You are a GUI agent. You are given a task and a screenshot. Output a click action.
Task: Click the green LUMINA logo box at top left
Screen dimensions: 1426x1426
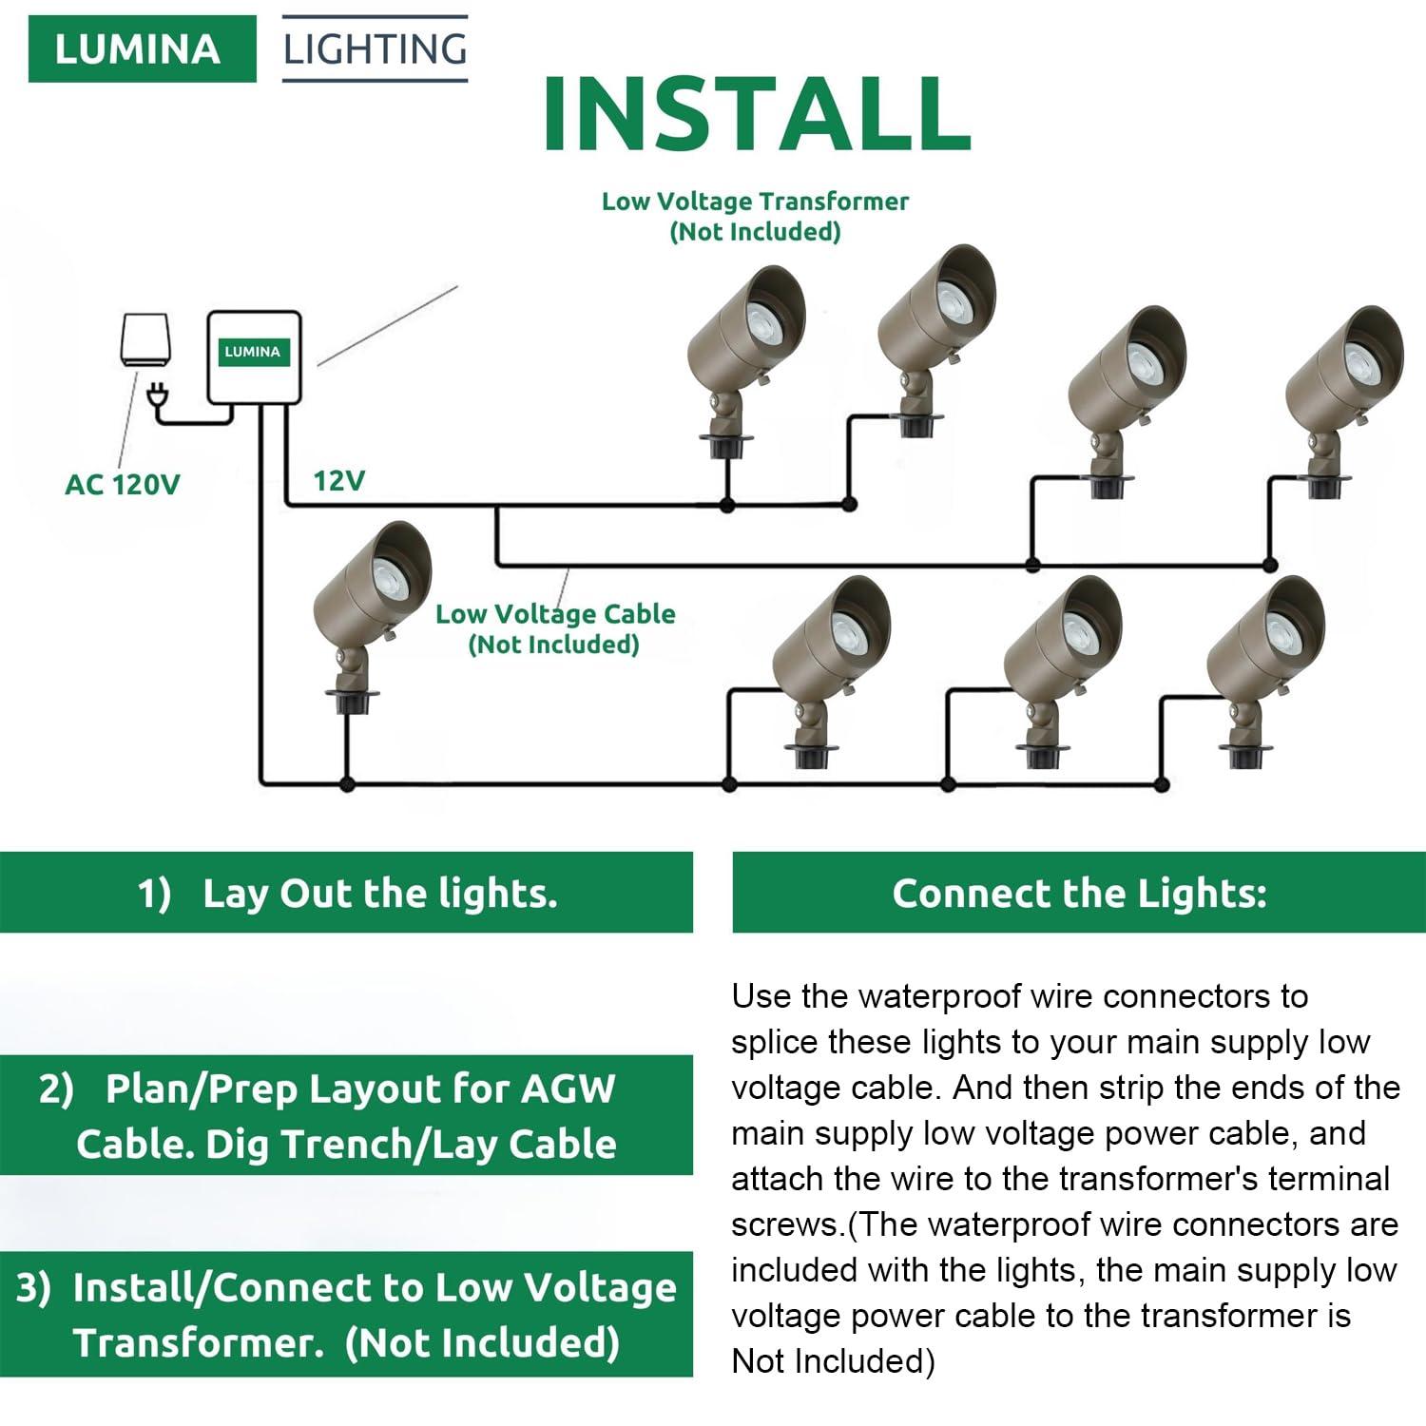pos(142,49)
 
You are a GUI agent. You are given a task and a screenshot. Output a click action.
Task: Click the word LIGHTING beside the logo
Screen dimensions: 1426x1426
pos(375,48)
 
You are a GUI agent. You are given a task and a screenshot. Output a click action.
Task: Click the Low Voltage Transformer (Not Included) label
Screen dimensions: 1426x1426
pos(755,216)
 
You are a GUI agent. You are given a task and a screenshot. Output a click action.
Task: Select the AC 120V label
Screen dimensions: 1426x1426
pos(122,485)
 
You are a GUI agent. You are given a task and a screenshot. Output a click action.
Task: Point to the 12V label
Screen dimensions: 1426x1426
pos(339,481)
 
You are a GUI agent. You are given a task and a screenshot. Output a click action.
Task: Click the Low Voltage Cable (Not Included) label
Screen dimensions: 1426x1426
pos(555,628)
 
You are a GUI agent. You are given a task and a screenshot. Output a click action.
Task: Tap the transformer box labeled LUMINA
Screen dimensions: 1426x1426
pos(255,356)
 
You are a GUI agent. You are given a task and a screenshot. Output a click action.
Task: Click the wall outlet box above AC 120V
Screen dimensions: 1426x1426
pos(145,338)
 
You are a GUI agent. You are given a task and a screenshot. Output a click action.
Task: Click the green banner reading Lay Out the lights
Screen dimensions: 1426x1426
pos(347,893)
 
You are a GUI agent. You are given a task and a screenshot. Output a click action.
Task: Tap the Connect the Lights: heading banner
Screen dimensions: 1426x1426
pos(1079,893)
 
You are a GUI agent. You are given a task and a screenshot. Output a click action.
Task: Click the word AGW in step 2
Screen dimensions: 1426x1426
pos(568,1089)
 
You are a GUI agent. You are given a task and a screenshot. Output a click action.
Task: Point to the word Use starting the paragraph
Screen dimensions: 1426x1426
pos(761,996)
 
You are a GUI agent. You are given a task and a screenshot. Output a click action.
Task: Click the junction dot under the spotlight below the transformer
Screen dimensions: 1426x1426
pos(347,784)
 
